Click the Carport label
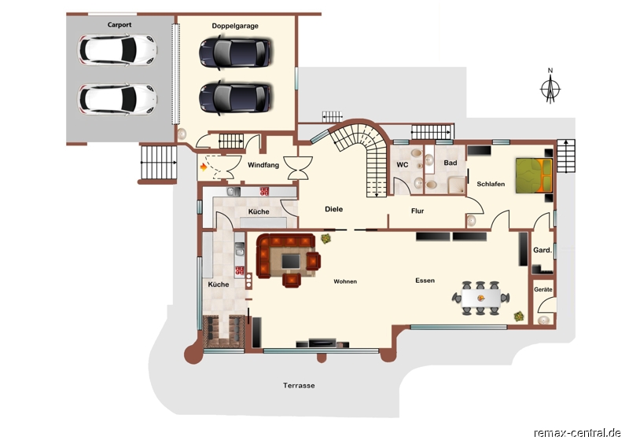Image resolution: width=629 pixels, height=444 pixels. click(120, 25)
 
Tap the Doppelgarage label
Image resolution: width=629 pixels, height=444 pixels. click(235, 26)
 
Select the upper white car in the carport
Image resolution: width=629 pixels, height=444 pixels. click(117, 50)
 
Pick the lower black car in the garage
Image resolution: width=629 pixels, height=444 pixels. click(235, 98)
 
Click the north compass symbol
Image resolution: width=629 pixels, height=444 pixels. click(550, 89)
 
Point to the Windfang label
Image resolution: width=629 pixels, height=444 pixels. click(263, 165)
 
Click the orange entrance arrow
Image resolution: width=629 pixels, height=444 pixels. click(204, 167)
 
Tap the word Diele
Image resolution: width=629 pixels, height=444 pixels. click(333, 209)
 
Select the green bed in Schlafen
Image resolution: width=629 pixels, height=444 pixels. click(534, 176)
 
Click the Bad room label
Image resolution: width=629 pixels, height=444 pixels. click(451, 163)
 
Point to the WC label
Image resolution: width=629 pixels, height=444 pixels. click(403, 164)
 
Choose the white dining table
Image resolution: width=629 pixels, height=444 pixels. click(481, 298)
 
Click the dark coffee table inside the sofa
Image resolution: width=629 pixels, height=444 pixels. click(291, 262)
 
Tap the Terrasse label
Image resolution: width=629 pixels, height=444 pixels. click(299, 385)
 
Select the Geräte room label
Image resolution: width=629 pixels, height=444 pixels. click(543, 290)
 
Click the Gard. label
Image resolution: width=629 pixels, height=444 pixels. click(543, 250)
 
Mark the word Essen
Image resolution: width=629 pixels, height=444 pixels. click(425, 281)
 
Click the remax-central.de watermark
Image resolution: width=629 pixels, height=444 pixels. click(577, 434)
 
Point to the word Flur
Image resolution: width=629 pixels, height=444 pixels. click(417, 211)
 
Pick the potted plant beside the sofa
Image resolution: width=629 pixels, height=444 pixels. click(326, 239)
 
